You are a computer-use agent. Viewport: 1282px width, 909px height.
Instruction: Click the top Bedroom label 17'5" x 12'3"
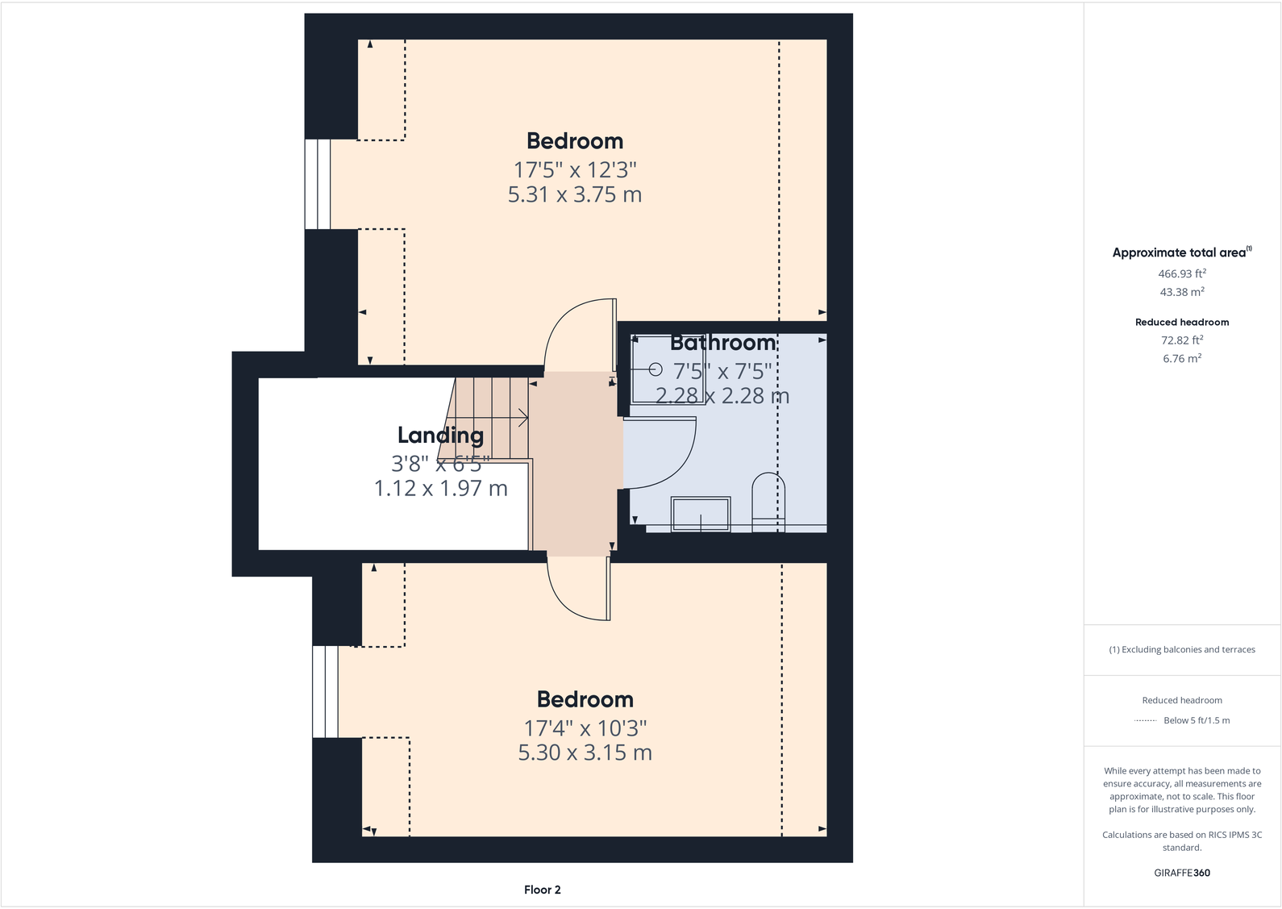(x=575, y=170)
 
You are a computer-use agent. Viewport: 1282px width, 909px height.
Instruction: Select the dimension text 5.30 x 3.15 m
(x=585, y=753)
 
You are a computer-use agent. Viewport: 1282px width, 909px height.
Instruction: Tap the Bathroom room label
(x=723, y=343)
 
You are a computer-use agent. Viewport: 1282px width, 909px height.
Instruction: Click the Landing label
(x=440, y=436)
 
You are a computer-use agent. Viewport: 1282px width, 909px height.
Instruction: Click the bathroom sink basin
(x=701, y=514)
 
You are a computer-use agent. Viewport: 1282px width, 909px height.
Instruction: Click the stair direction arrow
(x=522, y=417)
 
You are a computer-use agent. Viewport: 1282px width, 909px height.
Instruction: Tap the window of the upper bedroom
(x=318, y=185)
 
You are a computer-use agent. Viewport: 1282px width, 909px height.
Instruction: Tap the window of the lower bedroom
(x=325, y=691)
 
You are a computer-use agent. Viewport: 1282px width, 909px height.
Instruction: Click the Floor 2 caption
(x=542, y=890)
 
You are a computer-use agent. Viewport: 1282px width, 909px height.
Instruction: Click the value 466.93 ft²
(x=1181, y=274)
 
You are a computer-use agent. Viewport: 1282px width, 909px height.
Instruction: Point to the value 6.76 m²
(x=1181, y=359)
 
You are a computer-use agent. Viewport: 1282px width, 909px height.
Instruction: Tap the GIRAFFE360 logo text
(x=1181, y=873)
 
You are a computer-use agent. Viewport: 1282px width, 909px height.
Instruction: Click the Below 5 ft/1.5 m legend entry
(x=1196, y=720)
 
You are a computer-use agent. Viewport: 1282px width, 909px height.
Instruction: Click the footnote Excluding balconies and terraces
(x=1181, y=649)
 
